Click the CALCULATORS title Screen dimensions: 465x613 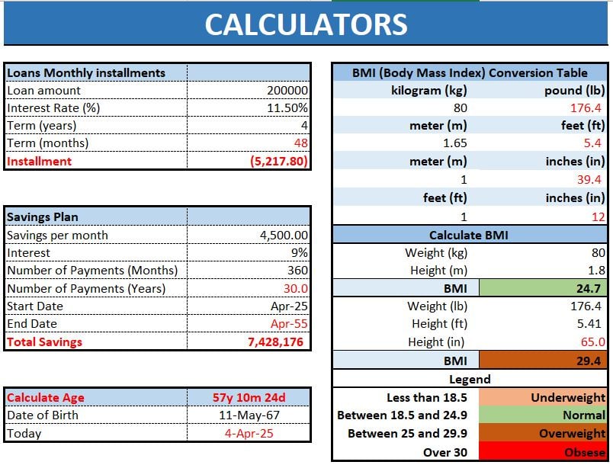click(x=306, y=24)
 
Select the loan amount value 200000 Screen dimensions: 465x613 click(x=287, y=90)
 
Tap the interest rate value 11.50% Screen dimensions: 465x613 click(x=290, y=108)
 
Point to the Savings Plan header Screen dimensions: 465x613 click(x=43, y=217)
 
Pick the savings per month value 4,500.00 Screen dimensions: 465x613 click(x=284, y=236)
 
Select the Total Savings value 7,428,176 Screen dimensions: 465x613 click(x=275, y=342)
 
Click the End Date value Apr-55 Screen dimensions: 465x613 click(x=290, y=324)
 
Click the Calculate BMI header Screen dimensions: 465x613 click(x=470, y=236)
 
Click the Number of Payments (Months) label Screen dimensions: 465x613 click(x=92, y=271)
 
